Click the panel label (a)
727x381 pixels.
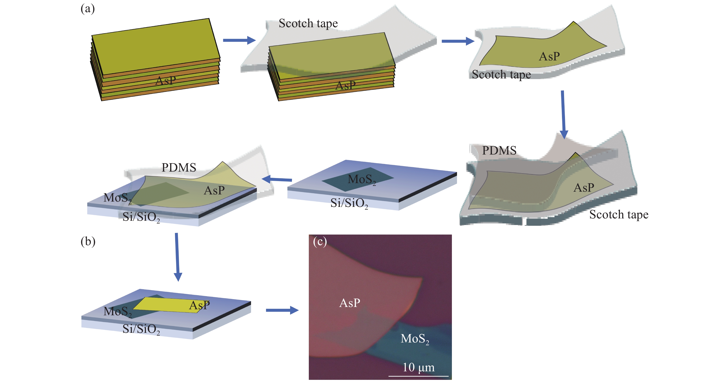coord(87,9)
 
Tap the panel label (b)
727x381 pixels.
coord(88,242)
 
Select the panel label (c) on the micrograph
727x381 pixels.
coord(320,242)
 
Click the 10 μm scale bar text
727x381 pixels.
coord(418,367)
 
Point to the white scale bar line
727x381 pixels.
coord(418,376)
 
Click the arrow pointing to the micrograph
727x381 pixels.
coord(282,310)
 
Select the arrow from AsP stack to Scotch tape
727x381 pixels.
coord(239,40)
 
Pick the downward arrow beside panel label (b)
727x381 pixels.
coord(177,257)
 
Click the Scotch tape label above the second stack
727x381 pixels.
coord(308,23)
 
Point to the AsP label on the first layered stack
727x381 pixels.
coord(166,81)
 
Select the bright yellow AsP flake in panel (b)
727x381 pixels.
coord(166,305)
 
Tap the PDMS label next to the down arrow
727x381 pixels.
coord(499,151)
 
